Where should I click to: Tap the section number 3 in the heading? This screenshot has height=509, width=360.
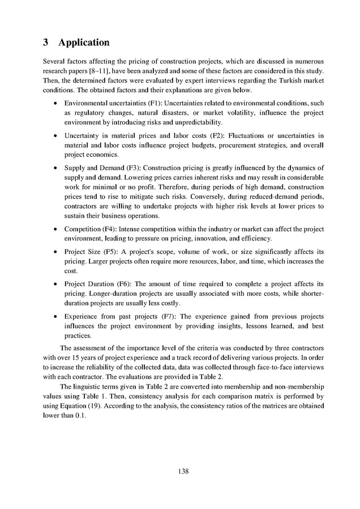(46, 42)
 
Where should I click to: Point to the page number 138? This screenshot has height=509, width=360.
(180, 471)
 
